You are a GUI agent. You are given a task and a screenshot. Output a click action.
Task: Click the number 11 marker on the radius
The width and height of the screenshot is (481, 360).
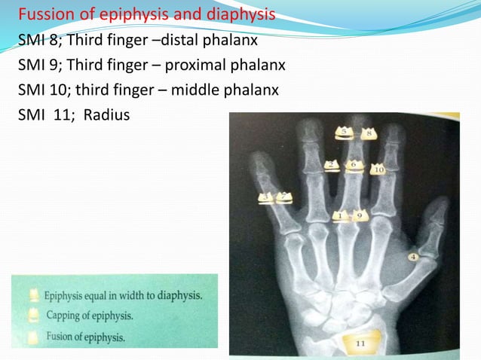click(360, 343)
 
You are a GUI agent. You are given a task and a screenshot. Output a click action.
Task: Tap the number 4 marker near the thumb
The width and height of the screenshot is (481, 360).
click(413, 258)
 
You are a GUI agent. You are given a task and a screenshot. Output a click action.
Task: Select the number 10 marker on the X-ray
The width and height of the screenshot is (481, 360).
click(378, 170)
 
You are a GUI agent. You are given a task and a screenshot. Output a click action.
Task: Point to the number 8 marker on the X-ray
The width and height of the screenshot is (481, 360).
click(369, 134)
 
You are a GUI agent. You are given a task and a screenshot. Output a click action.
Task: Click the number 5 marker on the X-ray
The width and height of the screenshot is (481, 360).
click(345, 133)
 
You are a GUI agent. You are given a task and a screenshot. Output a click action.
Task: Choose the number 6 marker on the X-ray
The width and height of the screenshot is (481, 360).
click(284, 197)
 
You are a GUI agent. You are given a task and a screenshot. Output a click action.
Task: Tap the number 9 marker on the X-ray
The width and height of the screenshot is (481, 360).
click(360, 216)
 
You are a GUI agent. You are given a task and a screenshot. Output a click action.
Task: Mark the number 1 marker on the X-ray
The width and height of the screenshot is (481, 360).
click(341, 216)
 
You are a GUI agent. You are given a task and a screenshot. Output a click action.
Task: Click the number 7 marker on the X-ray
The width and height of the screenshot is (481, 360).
click(284, 197)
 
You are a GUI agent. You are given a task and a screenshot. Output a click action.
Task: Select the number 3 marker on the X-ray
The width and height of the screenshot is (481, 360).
click(266, 198)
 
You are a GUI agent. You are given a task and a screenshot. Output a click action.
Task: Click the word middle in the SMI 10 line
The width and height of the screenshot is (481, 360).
click(195, 90)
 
